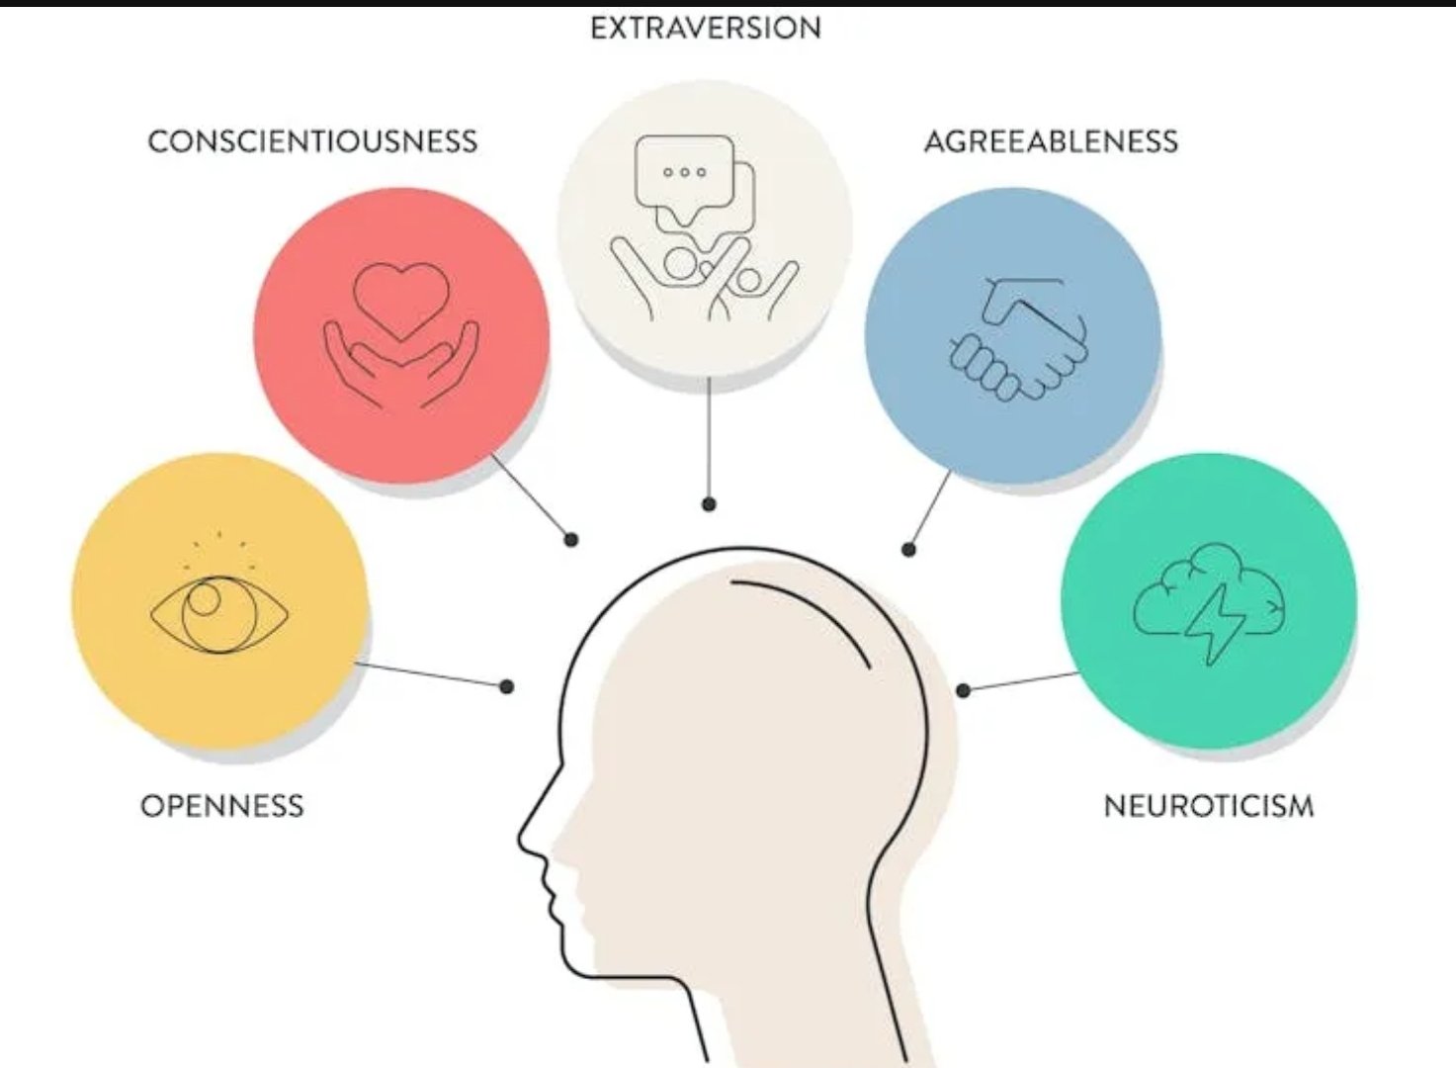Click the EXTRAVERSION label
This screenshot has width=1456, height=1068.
(706, 28)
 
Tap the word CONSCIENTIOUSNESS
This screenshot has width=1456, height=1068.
(312, 141)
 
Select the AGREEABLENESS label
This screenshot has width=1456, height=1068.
(1051, 141)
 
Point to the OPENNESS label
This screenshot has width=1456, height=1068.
(222, 805)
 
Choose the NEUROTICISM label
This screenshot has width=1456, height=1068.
(1209, 806)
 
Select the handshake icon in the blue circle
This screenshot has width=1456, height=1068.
(1018, 339)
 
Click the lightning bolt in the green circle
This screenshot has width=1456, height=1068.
(1215, 624)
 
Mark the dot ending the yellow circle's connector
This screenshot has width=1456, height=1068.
(507, 686)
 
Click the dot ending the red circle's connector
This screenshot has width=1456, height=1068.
(570, 539)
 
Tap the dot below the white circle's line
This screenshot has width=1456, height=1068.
(709, 503)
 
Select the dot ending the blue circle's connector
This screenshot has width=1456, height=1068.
(908, 550)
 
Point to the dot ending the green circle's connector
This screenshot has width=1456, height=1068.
(964, 690)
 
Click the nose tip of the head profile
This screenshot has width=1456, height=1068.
(520, 838)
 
